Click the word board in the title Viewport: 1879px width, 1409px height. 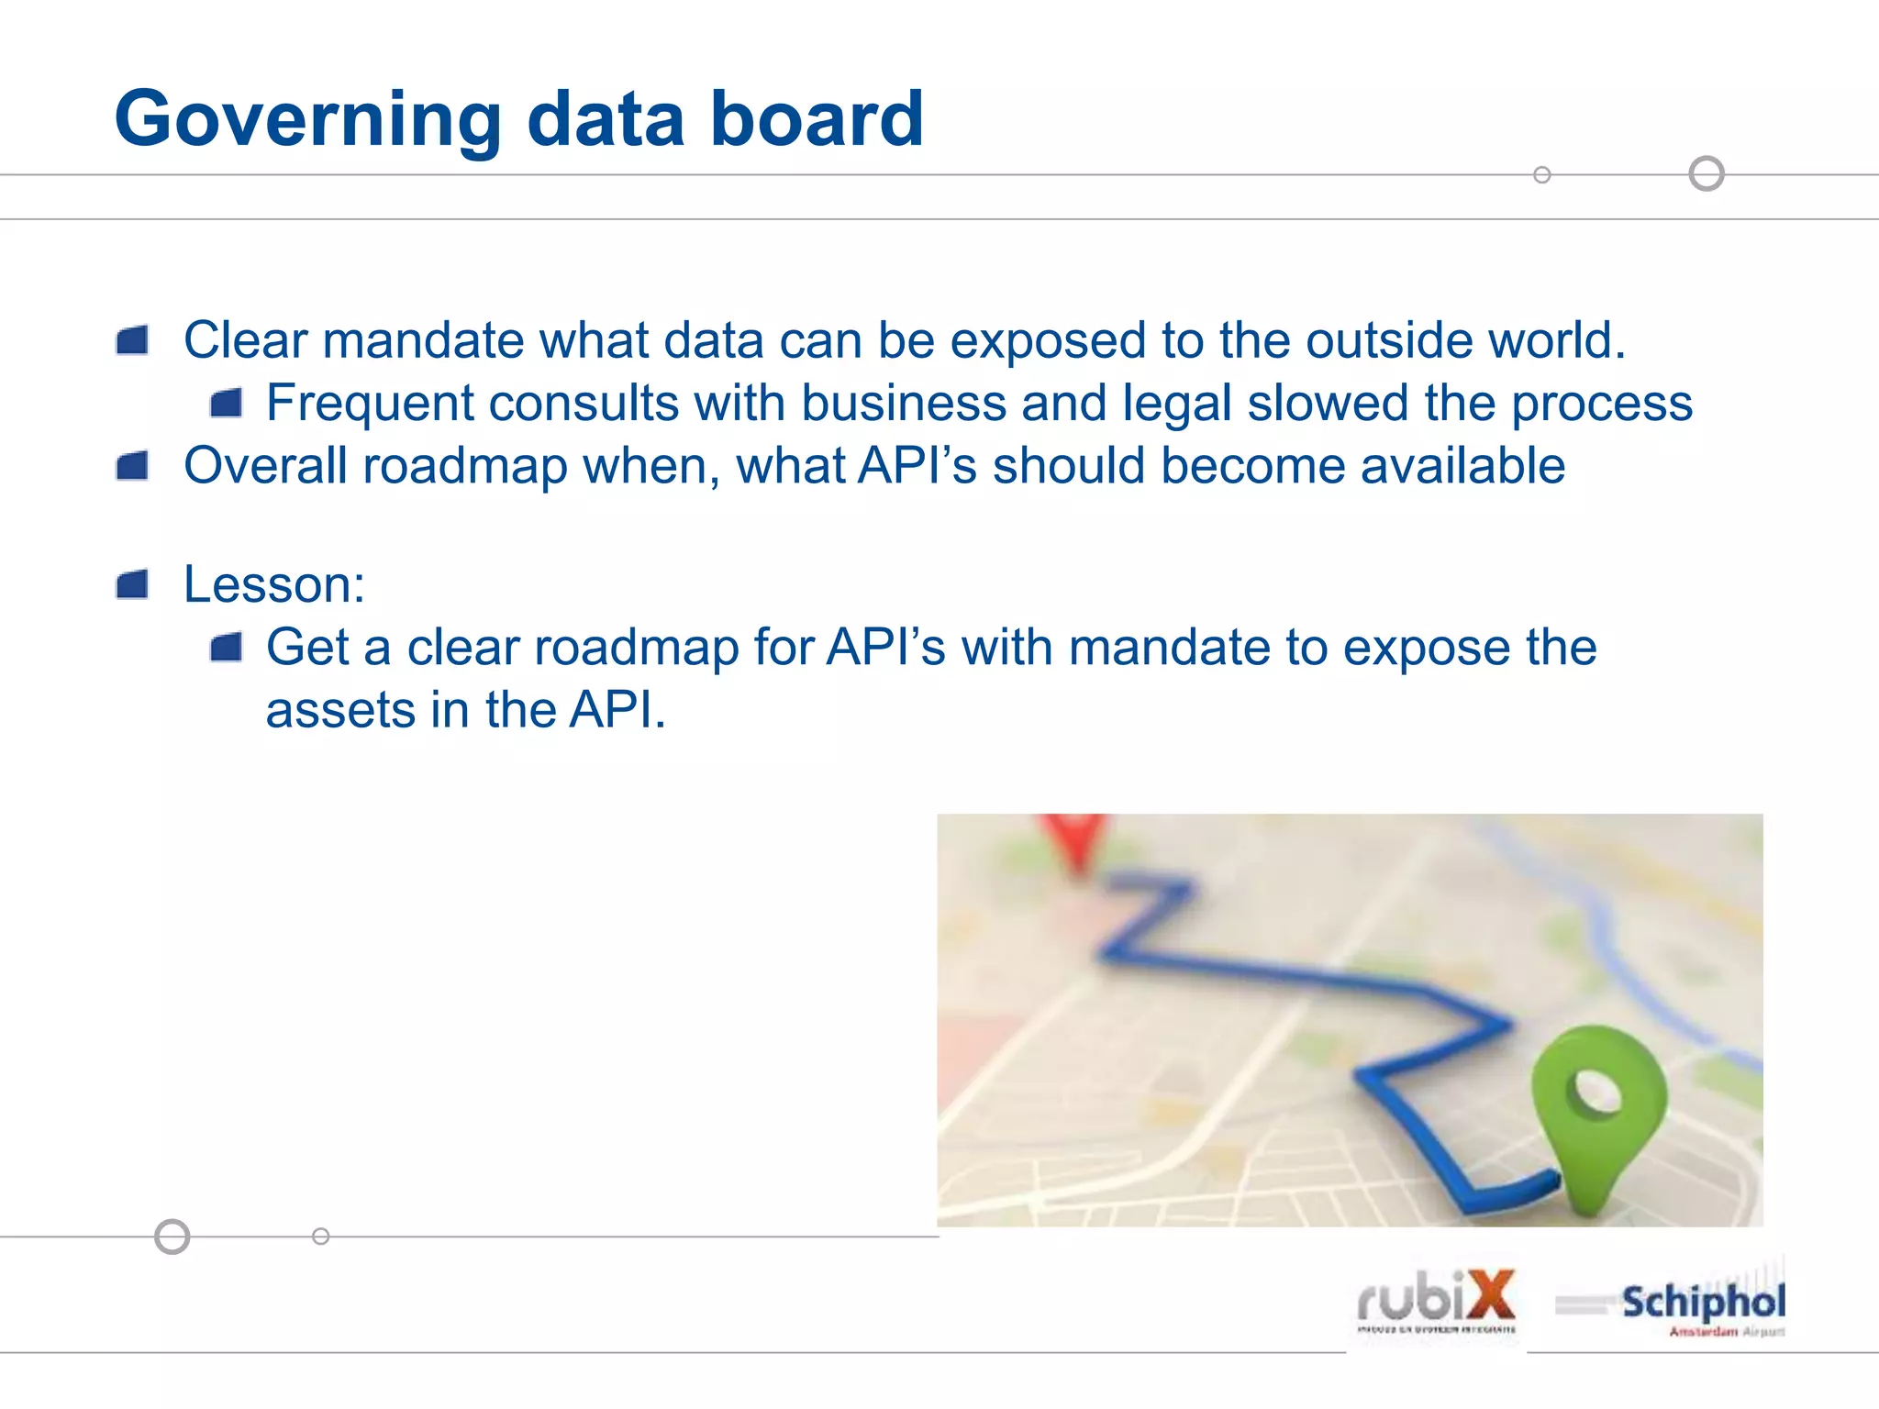[817, 119]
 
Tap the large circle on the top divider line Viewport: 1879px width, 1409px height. [1707, 173]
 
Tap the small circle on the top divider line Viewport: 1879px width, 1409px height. [1542, 174]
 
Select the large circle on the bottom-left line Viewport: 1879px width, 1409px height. [172, 1237]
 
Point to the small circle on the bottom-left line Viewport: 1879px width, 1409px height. [320, 1237]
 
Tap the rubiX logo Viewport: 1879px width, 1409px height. [1436, 1300]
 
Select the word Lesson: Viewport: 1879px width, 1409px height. [274, 584]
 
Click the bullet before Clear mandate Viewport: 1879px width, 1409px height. [133, 341]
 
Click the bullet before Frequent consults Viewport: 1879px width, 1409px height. [226, 404]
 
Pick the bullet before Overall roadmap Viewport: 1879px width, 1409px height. [133, 467]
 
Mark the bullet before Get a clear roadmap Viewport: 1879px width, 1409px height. [226, 649]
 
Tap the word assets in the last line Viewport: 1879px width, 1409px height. [340, 711]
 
